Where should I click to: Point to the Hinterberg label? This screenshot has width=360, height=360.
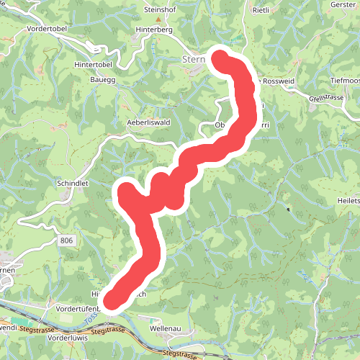pyautogui.click(x=154, y=30)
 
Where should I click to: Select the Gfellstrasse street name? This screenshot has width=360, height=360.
pyautogui.click(x=327, y=97)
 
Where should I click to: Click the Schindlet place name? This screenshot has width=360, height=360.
pyautogui.click(x=72, y=184)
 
